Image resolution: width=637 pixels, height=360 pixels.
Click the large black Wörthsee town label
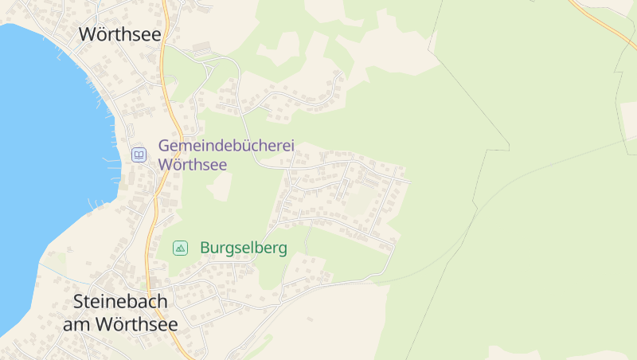[120, 34]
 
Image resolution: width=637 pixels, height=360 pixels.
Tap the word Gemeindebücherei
[226, 147]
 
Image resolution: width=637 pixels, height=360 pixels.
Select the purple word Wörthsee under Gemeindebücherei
[193, 165]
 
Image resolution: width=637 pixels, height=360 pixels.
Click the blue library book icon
[139, 155]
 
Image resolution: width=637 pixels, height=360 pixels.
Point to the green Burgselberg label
[243, 248]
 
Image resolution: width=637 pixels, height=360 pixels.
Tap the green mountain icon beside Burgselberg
[181, 248]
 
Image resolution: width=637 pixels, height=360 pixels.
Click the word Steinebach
[120, 302]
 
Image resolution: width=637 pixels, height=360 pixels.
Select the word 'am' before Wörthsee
[77, 324]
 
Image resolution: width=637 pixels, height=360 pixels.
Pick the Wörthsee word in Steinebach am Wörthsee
[136, 324]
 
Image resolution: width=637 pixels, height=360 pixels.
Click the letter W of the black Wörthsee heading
[88, 34]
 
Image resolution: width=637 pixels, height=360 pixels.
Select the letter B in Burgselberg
[205, 248]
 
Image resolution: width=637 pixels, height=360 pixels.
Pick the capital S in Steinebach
[78, 302]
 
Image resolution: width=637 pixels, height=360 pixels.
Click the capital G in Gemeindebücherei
[165, 147]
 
